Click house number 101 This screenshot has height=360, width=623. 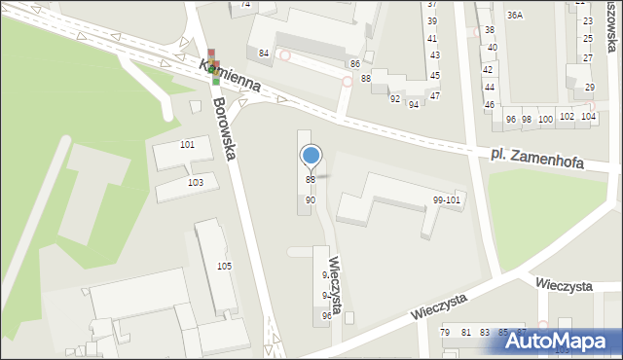point(188,144)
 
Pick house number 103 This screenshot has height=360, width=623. point(196,182)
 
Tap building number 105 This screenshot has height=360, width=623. point(224,266)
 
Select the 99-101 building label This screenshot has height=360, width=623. point(447,199)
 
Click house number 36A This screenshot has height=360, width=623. point(514,16)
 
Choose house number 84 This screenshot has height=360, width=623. point(264,53)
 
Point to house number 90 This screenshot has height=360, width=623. point(311,199)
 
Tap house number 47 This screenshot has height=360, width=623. point(435,95)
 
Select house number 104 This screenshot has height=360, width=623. point(587,117)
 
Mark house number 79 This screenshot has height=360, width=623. point(446,333)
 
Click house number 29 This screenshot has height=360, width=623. point(590,88)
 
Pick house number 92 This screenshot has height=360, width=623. point(395,98)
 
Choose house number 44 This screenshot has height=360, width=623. point(490,87)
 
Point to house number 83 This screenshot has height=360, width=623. point(484,333)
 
